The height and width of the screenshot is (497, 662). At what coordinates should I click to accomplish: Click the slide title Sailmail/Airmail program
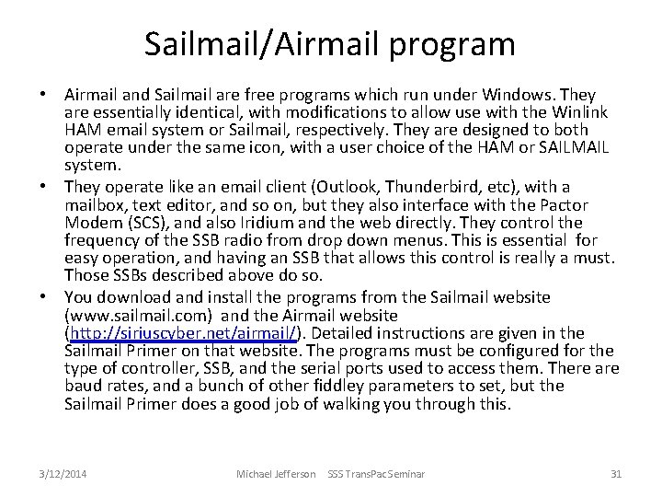[330, 42]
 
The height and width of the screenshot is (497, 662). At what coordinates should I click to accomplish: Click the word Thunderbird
[427, 187]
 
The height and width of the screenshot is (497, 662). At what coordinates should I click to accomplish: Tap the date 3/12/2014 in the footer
[64, 473]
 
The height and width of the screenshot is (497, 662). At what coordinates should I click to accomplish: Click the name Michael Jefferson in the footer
[276, 473]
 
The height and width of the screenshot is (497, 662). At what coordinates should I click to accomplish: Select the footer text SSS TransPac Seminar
[376, 473]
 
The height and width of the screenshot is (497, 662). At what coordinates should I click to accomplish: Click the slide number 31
[616, 473]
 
